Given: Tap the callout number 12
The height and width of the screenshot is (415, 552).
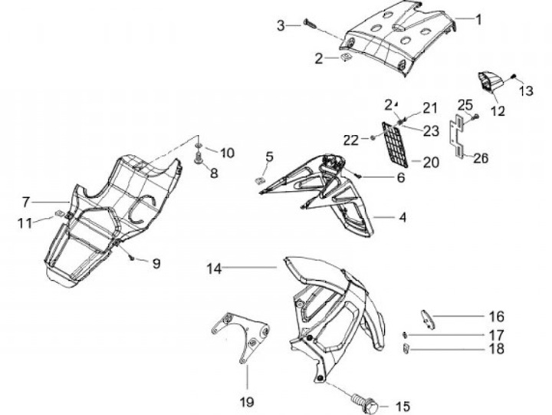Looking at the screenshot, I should (x=498, y=110).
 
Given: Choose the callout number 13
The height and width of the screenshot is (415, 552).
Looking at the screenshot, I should (x=526, y=91).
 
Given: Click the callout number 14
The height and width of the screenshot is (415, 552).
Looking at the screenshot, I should (x=214, y=268).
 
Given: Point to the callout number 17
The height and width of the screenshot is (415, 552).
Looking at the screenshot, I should (x=496, y=334).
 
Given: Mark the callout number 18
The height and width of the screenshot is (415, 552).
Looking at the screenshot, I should (x=496, y=350).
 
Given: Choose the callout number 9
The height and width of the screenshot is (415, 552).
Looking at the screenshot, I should (x=156, y=264).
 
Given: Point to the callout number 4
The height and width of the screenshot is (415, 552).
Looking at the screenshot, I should (x=402, y=217).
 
